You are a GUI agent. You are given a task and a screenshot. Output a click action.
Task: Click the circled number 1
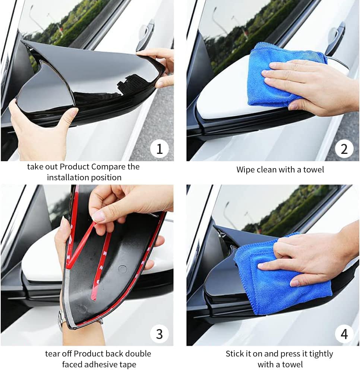(x=160, y=149)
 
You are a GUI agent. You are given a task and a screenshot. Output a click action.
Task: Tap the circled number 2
(x=344, y=149)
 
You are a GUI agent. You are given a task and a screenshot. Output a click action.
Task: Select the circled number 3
(x=160, y=334)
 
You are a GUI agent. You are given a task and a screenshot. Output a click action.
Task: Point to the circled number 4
(x=344, y=334)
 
